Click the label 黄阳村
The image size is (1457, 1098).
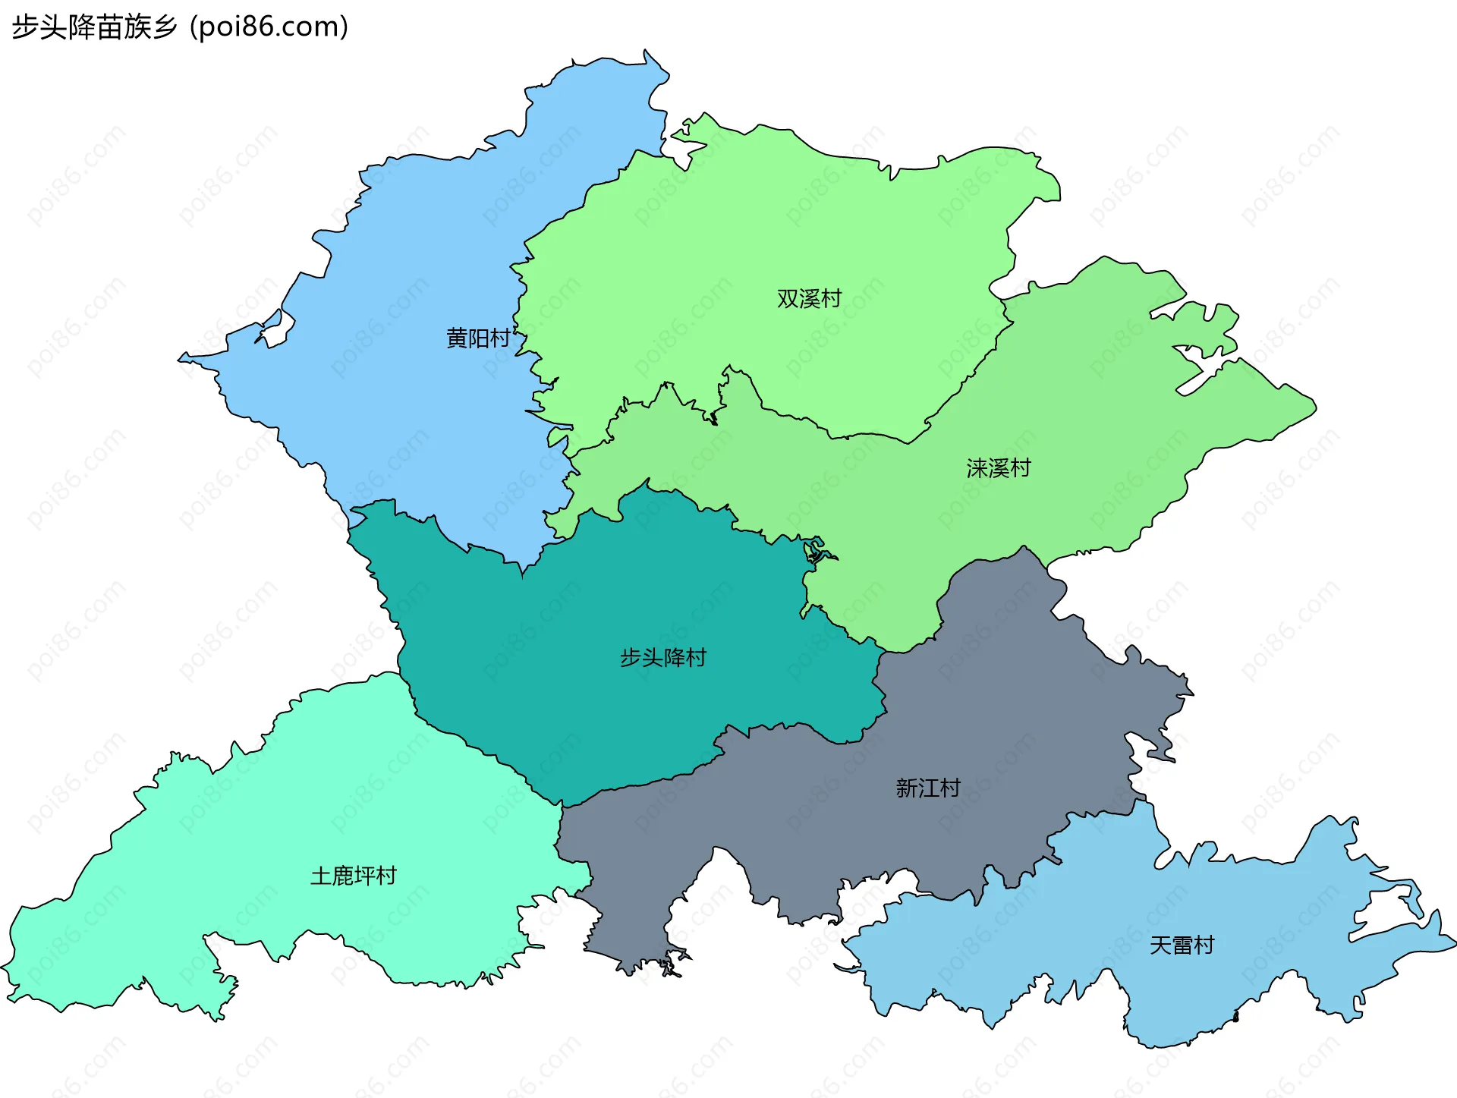(478, 338)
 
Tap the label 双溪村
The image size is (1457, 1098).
(809, 298)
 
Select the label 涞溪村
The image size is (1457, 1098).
(999, 468)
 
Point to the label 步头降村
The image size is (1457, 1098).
(663, 657)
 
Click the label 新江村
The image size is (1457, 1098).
(928, 788)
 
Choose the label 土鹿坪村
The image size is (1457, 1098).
(354, 876)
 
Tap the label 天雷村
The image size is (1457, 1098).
(1182, 945)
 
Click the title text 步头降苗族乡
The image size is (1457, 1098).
(94, 27)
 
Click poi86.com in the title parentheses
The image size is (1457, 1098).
(269, 27)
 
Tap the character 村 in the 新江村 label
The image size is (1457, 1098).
(950, 788)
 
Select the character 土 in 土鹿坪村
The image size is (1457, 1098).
(321, 876)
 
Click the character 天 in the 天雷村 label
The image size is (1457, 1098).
(1161, 945)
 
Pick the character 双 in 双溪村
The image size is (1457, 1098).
(788, 298)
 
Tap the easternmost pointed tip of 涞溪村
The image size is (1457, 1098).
(1314, 407)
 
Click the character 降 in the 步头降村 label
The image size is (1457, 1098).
(674, 657)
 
